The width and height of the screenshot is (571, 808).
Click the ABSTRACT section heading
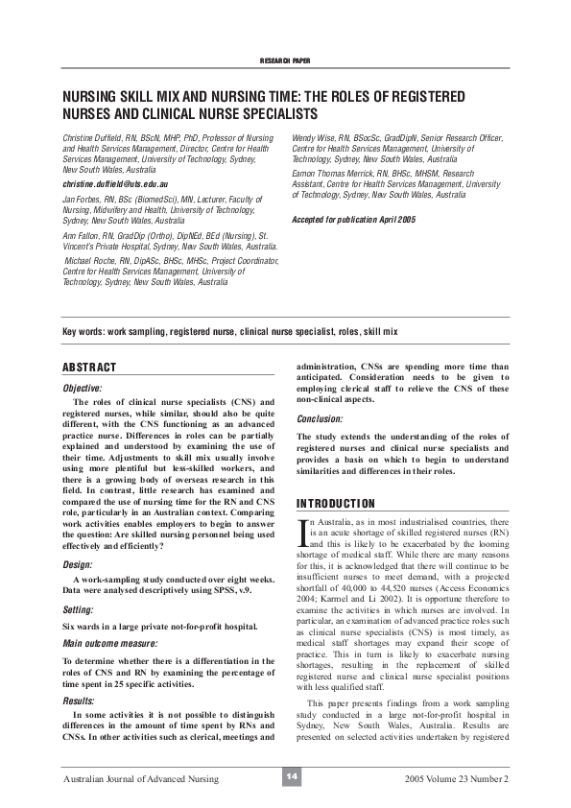click(89, 367)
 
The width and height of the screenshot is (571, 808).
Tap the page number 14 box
click(285, 775)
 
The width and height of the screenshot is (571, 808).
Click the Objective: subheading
click(83, 387)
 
